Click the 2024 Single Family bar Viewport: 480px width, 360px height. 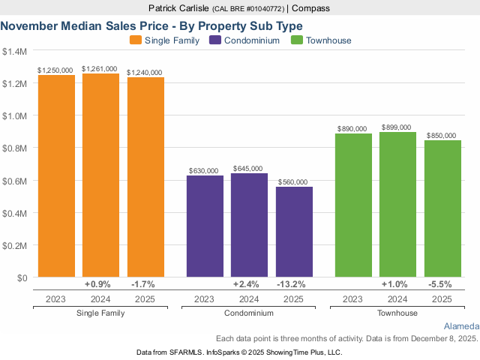[x=100, y=175]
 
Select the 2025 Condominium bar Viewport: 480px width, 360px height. [x=294, y=232]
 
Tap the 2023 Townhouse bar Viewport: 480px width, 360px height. [x=353, y=205]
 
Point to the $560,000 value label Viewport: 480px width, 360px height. [x=292, y=182]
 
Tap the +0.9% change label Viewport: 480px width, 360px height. [x=98, y=284]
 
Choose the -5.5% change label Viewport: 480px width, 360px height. [x=442, y=284]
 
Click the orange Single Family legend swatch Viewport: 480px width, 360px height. [x=136, y=40]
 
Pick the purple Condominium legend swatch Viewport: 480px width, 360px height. [x=216, y=40]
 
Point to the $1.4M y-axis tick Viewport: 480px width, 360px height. [x=14, y=52]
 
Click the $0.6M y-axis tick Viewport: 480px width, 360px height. [x=14, y=181]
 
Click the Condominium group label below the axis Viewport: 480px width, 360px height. [x=249, y=312]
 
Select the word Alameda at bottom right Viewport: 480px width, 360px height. [x=461, y=327]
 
